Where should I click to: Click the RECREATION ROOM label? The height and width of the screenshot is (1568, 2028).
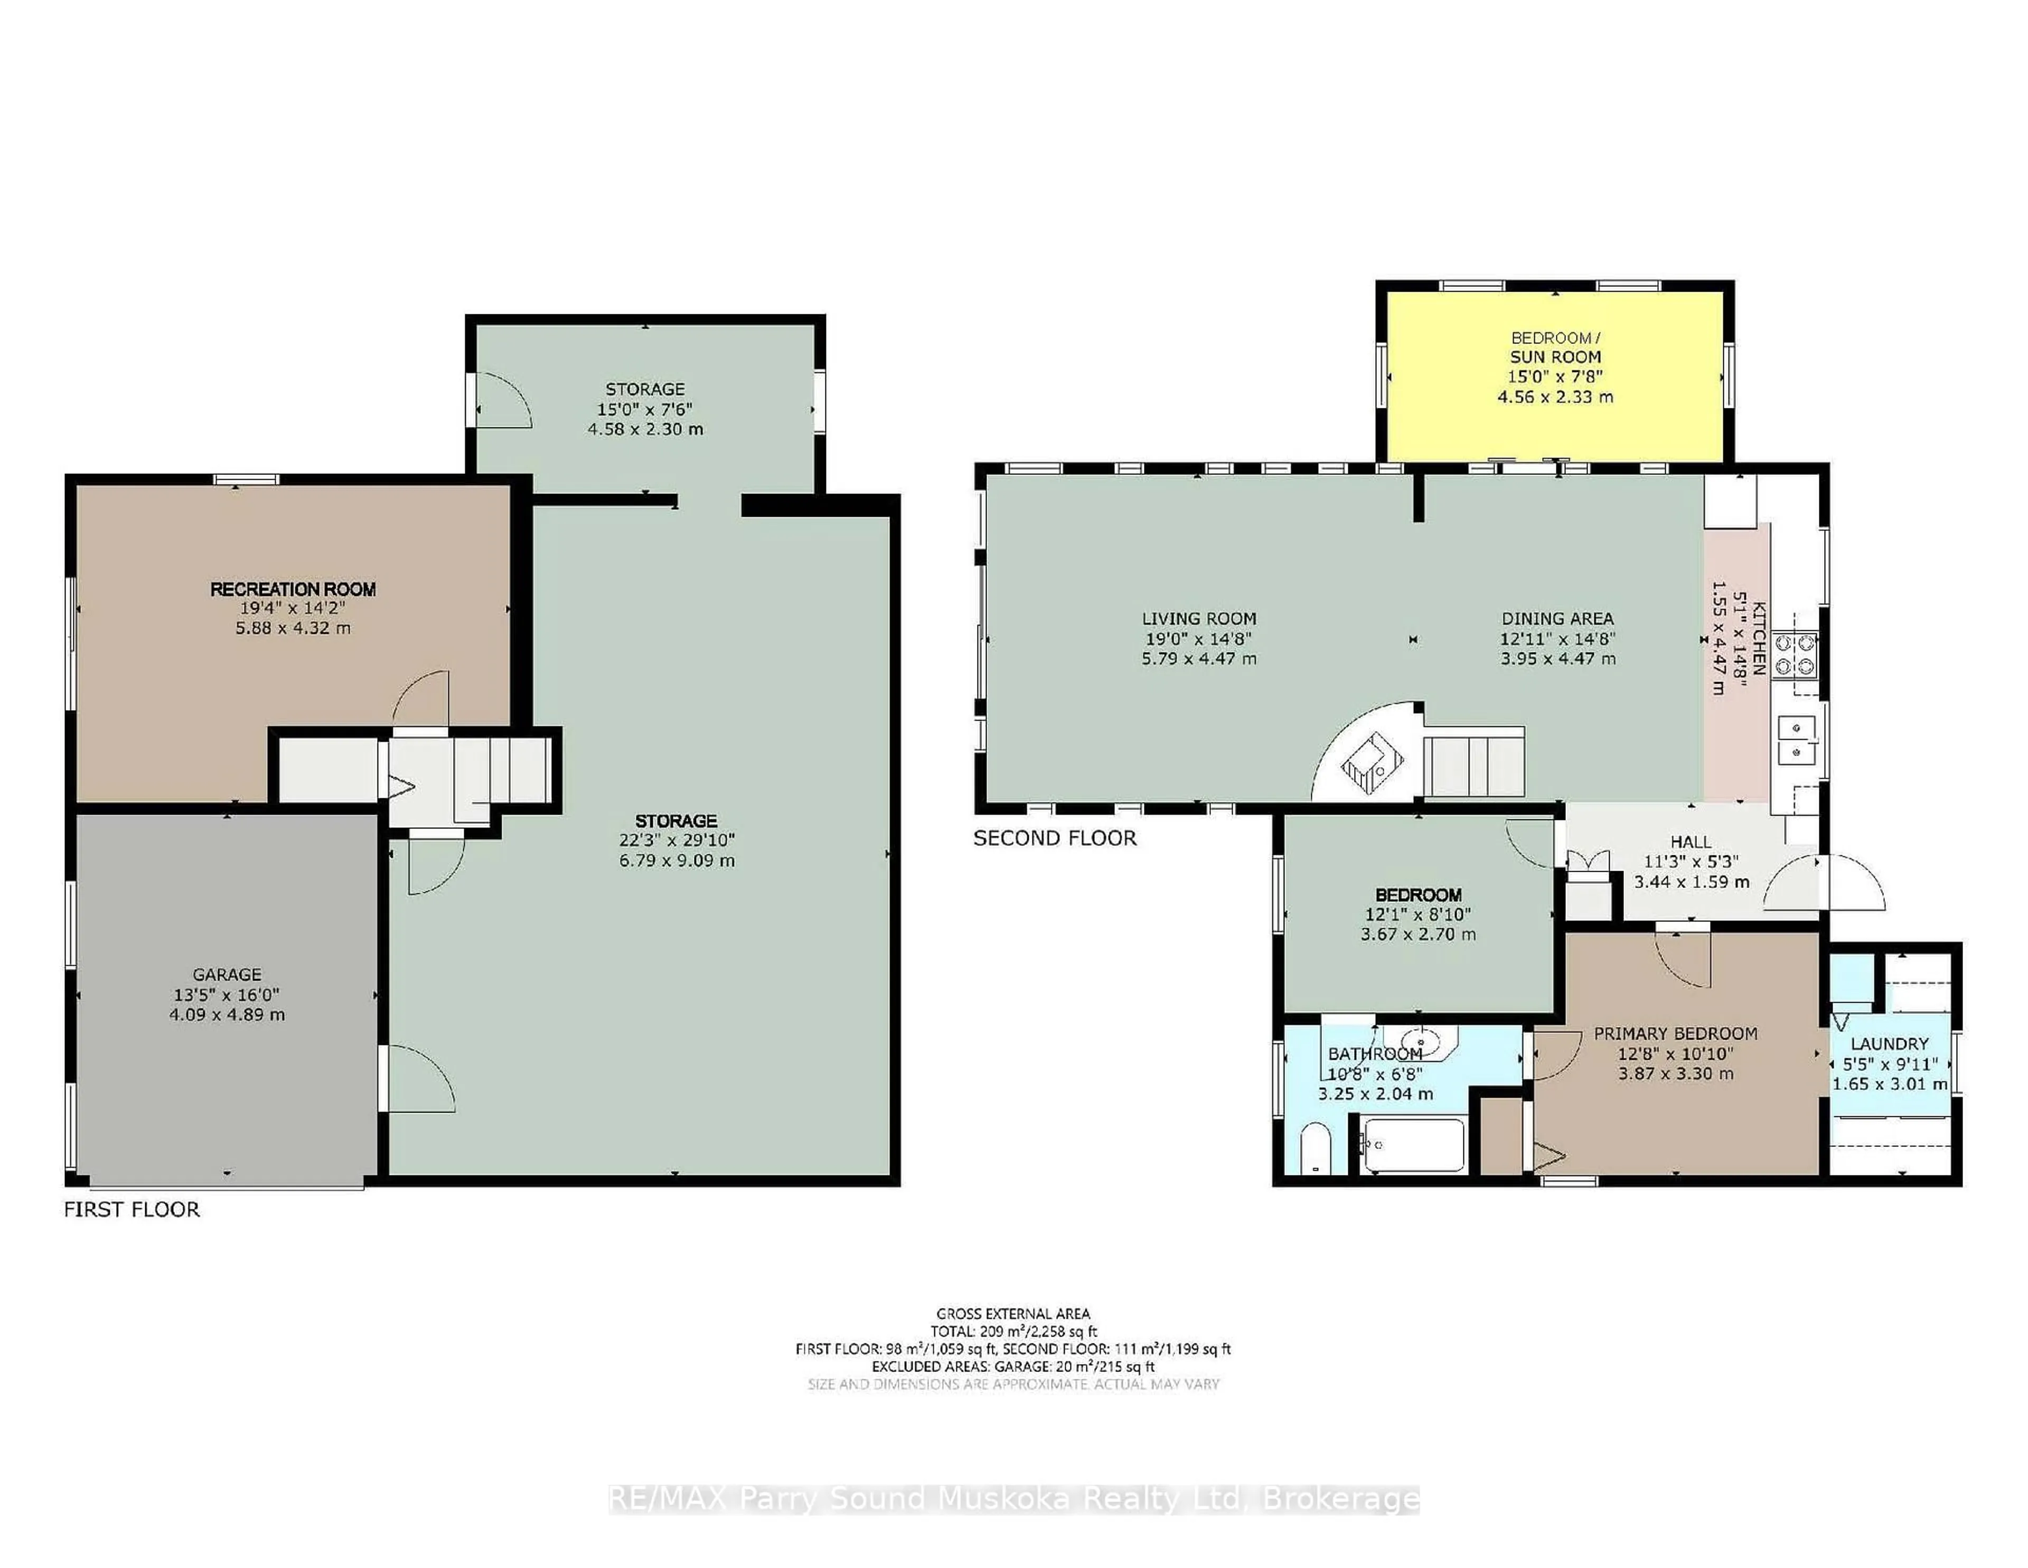tap(293, 589)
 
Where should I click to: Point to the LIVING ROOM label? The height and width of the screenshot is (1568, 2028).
tap(1199, 619)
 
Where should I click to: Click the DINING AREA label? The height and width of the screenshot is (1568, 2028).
tap(1557, 619)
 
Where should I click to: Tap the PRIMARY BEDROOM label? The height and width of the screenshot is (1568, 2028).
tap(1675, 1033)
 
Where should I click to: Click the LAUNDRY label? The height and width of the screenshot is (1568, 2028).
tap(1889, 1044)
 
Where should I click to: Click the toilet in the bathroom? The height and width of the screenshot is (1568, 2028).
tap(1316, 1149)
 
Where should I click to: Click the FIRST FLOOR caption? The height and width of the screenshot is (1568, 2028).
tap(132, 1209)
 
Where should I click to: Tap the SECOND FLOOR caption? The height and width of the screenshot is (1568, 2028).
tap(1054, 838)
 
